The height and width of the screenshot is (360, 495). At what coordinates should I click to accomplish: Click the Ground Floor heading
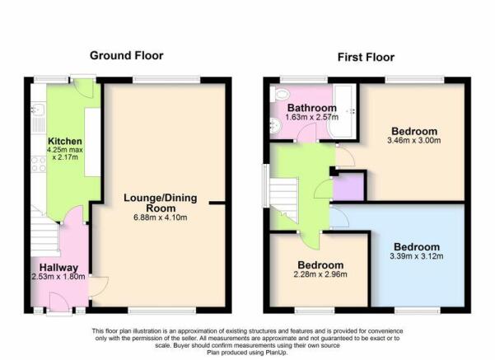127,55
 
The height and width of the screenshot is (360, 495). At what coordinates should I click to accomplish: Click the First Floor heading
366,57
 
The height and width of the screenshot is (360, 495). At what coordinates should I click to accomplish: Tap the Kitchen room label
65,141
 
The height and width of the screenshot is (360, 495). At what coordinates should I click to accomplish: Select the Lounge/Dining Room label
161,203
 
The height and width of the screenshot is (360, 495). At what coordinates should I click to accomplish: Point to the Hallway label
58,268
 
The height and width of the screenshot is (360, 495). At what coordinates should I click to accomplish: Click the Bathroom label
312,108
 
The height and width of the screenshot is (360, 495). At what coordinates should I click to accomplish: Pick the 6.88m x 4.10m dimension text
161,217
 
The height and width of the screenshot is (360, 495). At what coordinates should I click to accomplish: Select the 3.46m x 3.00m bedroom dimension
413,140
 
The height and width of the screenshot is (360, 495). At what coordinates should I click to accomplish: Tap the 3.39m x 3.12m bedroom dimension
417,256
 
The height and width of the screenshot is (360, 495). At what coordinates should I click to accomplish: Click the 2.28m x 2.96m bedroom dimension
320,274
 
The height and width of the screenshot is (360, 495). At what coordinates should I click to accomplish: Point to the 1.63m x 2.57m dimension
312,118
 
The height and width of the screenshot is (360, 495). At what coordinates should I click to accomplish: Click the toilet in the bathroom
280,93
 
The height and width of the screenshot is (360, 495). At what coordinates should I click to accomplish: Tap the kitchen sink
38,110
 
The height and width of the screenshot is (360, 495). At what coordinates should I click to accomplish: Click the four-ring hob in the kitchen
38,165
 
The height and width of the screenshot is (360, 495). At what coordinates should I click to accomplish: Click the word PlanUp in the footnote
276,352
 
